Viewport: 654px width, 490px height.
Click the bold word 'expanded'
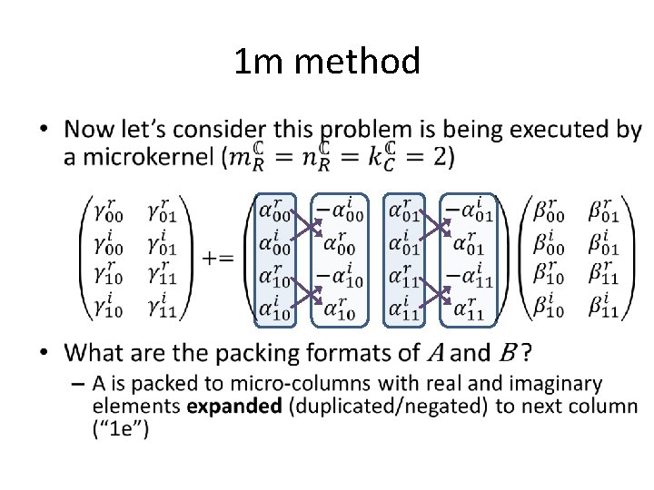pos(234,406)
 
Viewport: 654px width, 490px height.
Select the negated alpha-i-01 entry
pos(468,215)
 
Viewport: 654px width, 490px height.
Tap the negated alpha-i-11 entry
pos(468,279)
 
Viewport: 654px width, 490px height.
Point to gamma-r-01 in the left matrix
pos(170,214)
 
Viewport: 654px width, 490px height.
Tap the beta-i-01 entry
pos(603,246)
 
